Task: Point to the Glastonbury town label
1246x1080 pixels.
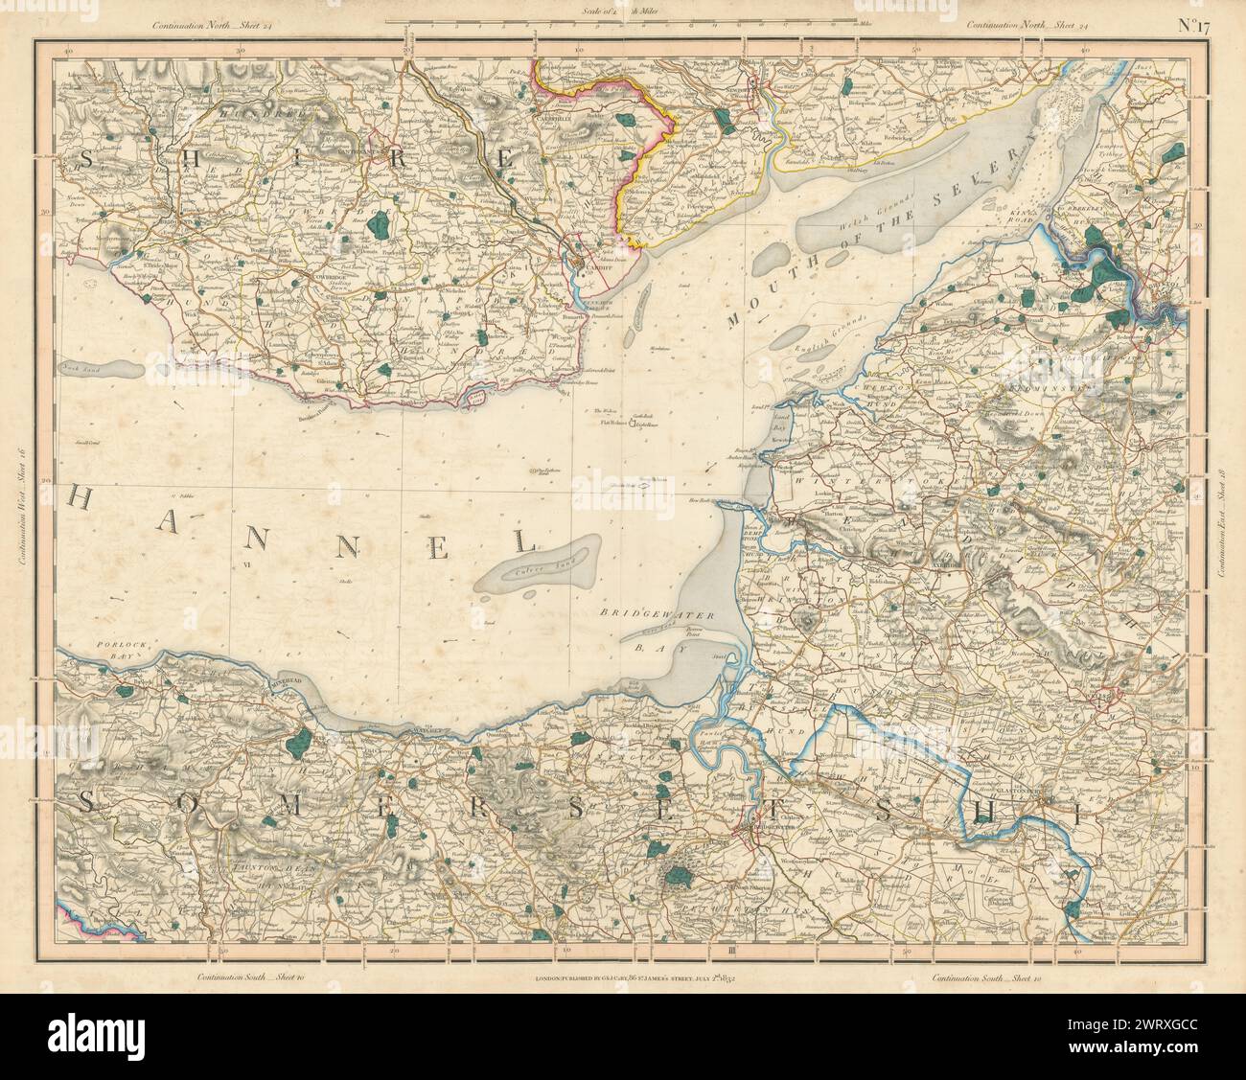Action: click(x=1024, y=791)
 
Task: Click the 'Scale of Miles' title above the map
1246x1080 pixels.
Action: click(x=622, y=10)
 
